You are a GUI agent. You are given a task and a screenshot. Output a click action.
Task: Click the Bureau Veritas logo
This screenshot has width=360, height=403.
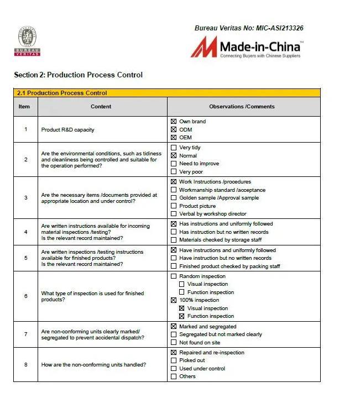27,41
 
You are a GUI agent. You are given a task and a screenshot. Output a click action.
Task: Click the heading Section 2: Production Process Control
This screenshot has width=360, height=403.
78,75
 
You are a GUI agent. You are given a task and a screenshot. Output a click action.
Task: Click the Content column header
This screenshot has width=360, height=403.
101,107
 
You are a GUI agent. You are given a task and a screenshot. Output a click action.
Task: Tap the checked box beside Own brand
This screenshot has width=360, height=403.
174,122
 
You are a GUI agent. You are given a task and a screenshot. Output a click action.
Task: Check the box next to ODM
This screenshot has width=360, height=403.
174,130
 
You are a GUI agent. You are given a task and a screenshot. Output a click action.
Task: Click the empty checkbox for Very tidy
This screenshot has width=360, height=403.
174,148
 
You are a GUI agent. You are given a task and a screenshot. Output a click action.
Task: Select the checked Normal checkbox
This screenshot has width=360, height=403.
174,156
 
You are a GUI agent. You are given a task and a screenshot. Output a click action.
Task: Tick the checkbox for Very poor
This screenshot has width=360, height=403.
174,172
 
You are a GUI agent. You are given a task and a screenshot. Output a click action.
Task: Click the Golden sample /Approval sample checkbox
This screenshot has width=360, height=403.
174,198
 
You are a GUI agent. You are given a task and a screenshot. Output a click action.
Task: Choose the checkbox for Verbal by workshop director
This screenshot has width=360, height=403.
174,214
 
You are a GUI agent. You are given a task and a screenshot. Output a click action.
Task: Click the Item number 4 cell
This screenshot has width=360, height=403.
25,232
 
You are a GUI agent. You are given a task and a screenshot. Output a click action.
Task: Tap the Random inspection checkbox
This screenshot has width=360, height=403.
174,276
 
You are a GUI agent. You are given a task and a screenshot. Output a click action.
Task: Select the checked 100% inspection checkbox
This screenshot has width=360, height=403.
174,300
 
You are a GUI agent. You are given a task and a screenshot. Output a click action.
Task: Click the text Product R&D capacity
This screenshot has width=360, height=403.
67,130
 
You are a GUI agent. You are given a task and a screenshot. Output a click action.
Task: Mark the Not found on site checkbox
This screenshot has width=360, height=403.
174,343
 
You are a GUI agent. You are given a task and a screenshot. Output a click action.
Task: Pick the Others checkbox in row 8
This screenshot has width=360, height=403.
174,376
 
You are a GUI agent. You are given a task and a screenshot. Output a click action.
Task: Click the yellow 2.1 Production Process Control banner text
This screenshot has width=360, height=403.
62,93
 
